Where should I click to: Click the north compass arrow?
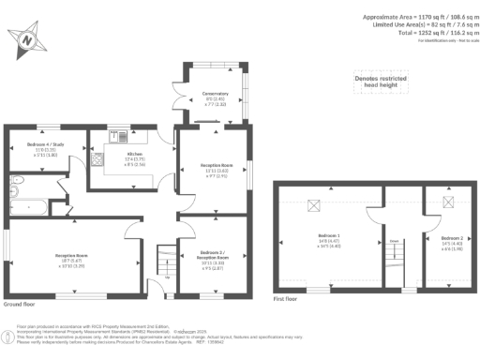pos(27,39)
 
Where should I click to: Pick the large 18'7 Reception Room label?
pos(70,258)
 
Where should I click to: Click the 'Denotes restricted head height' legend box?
pos(380,84)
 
